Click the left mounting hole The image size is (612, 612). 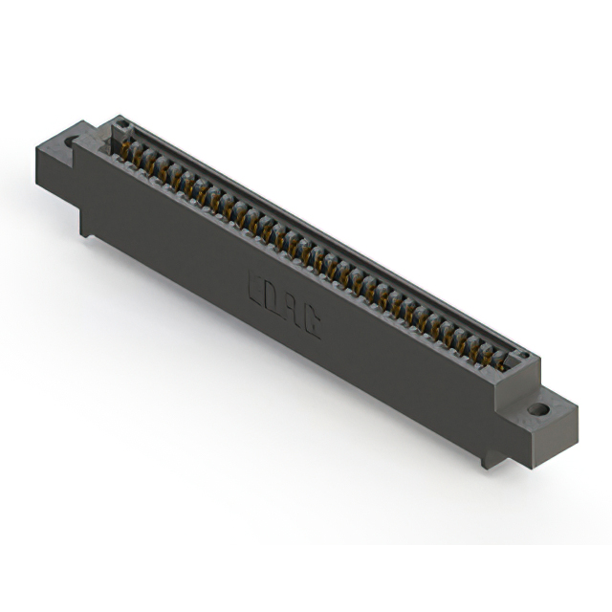pyautogui.click(x=71, y=142)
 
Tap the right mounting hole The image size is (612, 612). pyautogui.click(x=539, y=409)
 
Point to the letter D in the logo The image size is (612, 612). pyautogui.click(x=273, y=297)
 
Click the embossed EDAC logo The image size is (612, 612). pyautogui.click(x=283, y=304)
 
